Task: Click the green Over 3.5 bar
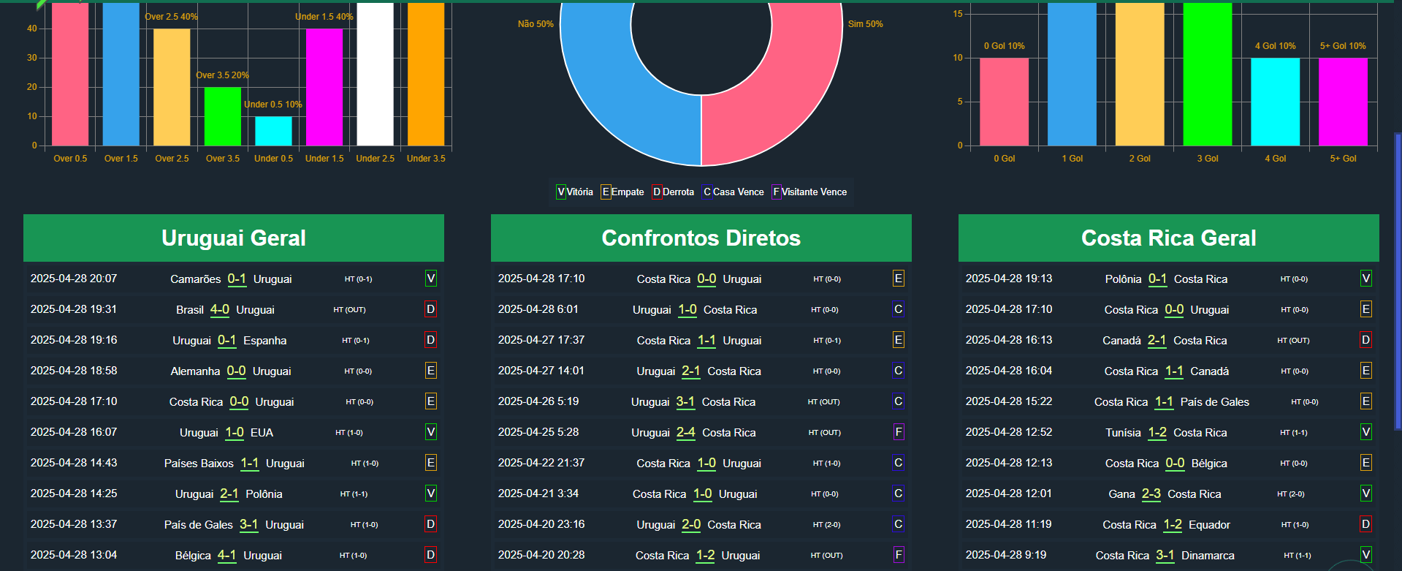pyautogui.click(x=222, y=116)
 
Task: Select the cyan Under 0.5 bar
pyautogui.click(x=273, y=131)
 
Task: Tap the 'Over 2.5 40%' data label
pyautogui.click(x=171, y=17)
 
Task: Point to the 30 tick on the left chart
pyautogui.click(x=32, y=58)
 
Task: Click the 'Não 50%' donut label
pyautogui.click(x=536, y=24)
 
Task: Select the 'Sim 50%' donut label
pyautogui.click(x=865, y=24)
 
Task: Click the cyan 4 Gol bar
pyautogui.click(x=1275, y=102)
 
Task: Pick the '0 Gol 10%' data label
pyautogui.click(x=1004, y=46)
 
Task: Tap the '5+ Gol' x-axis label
pyautogui.click(x=1343, y=159)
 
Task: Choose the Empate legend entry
pyautogui.click(x=622, y=192)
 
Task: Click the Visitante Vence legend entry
pyautogui.click(x=809, y=192)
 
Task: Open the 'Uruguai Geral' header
pyautogui.click(x=234, y=238)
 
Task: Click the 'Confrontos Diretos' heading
pyautogui.click(x=701, y=238)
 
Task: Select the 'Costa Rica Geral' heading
pyautogui.click(x=1168, y=238)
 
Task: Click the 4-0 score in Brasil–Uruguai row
pyautogui.click(x=220, y=309)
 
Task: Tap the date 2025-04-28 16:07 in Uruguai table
pyautogui.click(x=74, y=432)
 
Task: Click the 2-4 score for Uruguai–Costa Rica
pyautogui.click(x=686, y=432)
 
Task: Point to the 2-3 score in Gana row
pyautogui.click(x=1151, y=494)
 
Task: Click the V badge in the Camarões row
pyautogui.click(x=431, y=279)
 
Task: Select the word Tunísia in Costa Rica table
pyautogui.click(x=1123, y=433)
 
